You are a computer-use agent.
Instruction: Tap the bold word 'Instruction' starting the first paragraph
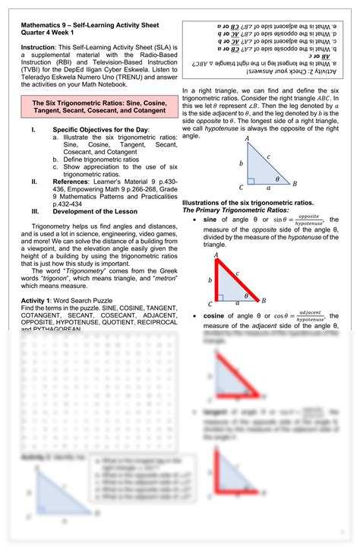[x=38, y=49]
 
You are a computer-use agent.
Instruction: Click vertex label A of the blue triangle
[x=247, y=140]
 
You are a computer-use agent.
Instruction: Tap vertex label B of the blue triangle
[x=295, y=184]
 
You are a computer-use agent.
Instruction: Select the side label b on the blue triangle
[x=241, y=163]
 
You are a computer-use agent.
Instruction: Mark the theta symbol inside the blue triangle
[x=278, y=180]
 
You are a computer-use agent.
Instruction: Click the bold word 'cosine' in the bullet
[x=216, y=315]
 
